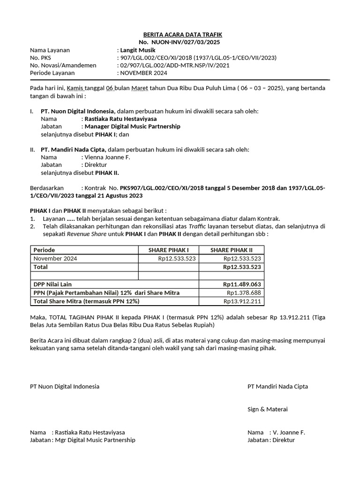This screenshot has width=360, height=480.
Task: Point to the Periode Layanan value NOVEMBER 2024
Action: coord(143,73)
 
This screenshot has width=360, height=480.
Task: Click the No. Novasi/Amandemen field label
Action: coord(63,66)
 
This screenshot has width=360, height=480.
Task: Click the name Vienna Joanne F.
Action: coord(107,157)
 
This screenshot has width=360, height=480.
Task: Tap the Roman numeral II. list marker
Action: coord(32,150)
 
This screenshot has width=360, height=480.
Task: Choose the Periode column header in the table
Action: coord(44,250)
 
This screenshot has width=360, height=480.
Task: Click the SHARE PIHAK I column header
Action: coord(168,250)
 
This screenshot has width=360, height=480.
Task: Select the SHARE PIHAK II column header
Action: coord(231,250)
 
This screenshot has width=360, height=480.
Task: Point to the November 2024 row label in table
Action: coord(55,258)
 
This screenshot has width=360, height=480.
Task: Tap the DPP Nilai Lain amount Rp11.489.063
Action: coord(242,285)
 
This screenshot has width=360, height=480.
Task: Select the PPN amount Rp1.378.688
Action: coord(243,293)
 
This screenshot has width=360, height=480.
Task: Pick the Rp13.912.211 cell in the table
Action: coord(242,301)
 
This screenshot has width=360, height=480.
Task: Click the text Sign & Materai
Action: coord(268,409)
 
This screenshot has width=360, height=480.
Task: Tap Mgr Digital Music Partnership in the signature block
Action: coord(95,440)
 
